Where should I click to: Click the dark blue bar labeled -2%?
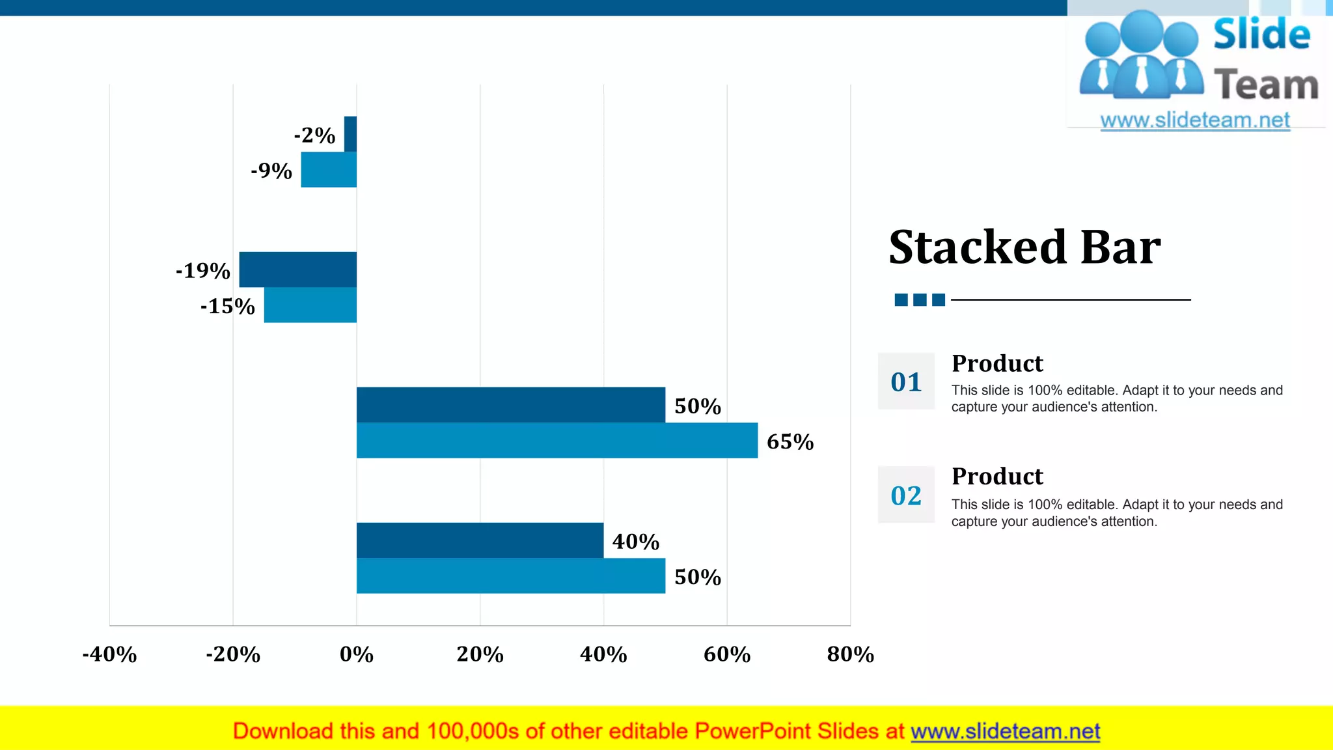[x=350, y=134]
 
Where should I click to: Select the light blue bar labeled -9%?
[x=329, y=170]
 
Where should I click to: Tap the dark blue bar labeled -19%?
[x=297, y=270]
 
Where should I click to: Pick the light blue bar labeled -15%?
[x=310, y=305]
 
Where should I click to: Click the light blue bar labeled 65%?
[x=557, y=441]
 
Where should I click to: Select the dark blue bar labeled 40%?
[x=480, y=540]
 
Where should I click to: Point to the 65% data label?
[x=790, y=441]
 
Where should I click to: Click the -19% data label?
[x=203, y=270]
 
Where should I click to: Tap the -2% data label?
[x=314, y=135]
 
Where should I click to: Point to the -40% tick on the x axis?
[x=109, y=654]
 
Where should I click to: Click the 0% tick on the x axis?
[x=357, y=654]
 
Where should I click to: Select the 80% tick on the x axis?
[x=850, y=654]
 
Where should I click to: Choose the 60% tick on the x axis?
[x=727, y=654]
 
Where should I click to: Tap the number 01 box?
[x=906, y=382]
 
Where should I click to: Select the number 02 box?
[x=906, y=495]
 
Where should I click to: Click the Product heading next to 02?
[x=997, y=477]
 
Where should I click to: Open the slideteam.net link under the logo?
[x=1195, y=120]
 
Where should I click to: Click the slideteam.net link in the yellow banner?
[x=1005, y=732]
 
